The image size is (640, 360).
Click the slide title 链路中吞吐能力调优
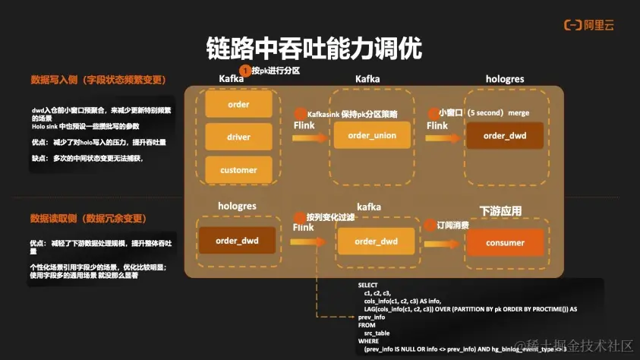[314, 47]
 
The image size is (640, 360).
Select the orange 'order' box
[238, 104]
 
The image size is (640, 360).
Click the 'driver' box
[238, 137]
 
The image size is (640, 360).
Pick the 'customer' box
[238, 170]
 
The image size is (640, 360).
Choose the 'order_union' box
[372, 135]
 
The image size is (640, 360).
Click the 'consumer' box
[505, 242]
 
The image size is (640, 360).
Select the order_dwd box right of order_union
[505, 135]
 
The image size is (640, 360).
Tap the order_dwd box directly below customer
[237, 241]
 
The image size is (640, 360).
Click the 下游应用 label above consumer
[500, 209]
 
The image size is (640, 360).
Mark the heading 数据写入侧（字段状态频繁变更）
[98, 79]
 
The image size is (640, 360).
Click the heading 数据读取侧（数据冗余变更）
[87, 219]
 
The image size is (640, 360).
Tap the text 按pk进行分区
[276, 71]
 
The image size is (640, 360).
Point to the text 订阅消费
[452, 226]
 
